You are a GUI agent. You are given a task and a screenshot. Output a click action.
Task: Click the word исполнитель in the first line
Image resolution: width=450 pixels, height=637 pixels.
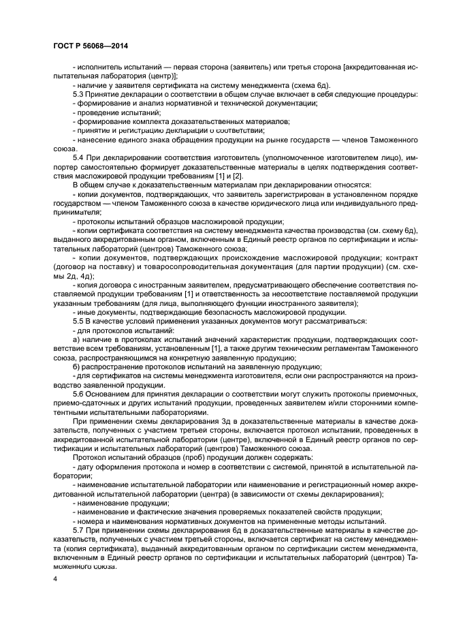101,67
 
